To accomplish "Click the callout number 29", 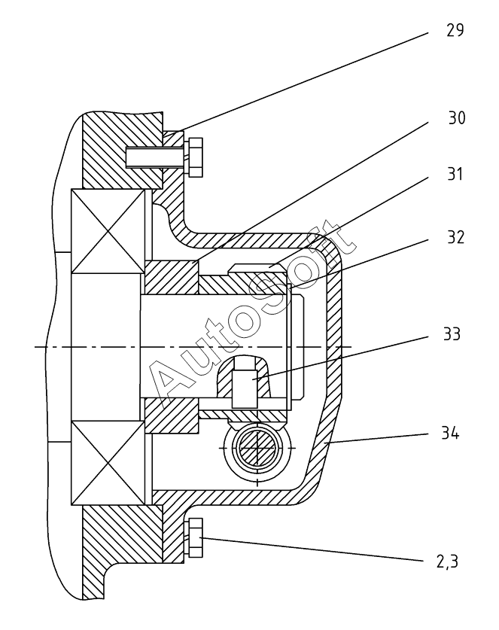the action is tap(455, 31).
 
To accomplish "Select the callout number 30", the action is tap(457, 118).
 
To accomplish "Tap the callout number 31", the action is tap(455, 175).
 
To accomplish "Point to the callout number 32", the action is tap(456, 237).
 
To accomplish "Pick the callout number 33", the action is tap(452, 334).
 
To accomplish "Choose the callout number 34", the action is tap(450, 433).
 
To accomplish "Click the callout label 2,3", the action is tap(448, 562).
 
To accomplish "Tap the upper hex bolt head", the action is tap(195, 157).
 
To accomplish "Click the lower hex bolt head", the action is tap(195, 537).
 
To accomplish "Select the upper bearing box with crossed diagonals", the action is tap(108, 231).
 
